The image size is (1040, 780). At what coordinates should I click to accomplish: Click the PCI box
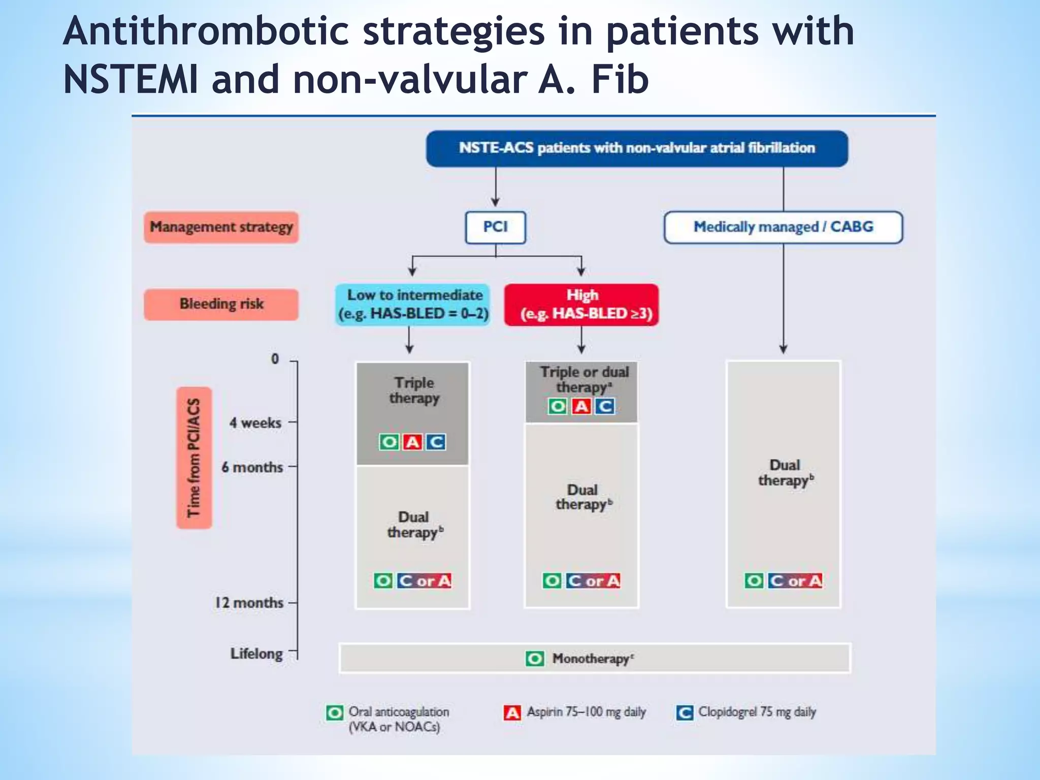click(495, 227)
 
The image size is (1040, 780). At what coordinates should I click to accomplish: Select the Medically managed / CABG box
click(783, 227)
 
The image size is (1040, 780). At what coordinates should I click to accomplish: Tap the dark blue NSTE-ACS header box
click(637, 148)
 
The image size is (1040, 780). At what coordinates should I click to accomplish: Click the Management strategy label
click(221, 227)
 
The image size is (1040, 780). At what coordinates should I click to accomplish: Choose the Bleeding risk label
click(221, 304)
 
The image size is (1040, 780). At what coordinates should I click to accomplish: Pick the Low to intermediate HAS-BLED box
click(413, 304)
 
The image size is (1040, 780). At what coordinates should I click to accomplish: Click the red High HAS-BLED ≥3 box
click(582, 304)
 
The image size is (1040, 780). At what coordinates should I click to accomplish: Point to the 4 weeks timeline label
click(255, 422)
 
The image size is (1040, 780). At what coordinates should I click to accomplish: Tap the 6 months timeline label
click(252, 467)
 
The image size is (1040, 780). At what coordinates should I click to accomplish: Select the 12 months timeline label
click(249, 603)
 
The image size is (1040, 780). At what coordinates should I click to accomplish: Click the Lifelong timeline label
click(256, 654)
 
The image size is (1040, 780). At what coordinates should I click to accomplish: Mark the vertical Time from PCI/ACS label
click(194, 458)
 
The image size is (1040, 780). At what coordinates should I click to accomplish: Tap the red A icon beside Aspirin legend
click(512, 713)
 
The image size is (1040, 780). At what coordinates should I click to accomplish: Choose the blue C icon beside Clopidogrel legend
click(685, 713)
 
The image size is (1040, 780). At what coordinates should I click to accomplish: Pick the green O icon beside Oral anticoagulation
click(335, 713)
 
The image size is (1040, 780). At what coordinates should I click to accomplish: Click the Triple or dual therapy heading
click(584, 379)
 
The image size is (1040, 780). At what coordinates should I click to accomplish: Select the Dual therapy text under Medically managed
click(785, 473)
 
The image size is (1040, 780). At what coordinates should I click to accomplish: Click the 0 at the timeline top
click(275, 359)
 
